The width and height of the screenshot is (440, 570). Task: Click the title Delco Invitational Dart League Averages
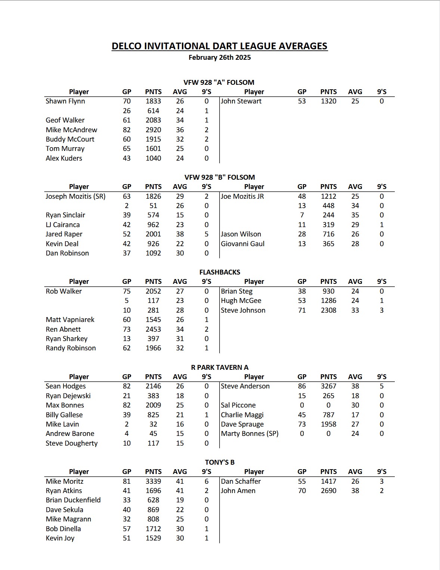click(x=220, y=46)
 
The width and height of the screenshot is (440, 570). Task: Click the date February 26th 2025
click(x=220, y=58)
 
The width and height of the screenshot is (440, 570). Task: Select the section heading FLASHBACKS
click(x=220, y=272)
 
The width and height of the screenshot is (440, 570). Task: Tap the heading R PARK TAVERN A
click(x=220, y=367)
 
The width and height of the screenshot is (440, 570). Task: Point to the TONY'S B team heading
click(x=220, y=462)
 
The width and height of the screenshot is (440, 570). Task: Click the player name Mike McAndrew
click(x=71, y=130)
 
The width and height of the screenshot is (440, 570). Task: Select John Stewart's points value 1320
click(x=328, y=101)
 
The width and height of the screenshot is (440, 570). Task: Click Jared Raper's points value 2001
click(x=153, y=234)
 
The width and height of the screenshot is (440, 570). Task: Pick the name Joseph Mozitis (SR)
click(x=75, y=196)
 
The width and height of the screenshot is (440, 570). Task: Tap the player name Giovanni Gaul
click(x=242, y=244)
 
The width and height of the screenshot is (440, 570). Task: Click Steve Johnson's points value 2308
click(x=328, y=310)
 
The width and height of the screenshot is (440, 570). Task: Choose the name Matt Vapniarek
click(x=70, y=320)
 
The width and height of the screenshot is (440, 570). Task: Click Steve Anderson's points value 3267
click(x=328, y=386)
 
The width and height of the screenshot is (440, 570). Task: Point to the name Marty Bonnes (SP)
click(x=250, y=434)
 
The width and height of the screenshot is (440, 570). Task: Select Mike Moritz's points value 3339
click(x=153, y=481)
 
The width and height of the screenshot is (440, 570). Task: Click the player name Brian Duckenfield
click(x=73, y=500)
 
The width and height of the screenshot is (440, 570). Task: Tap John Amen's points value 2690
click(x=328, y=491)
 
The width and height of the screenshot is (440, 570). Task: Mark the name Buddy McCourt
click(x=70, y=139)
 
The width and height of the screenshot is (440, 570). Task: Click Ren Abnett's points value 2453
click(x=153, y=329)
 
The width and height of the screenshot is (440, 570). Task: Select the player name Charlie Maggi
click(x=242, y=415)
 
